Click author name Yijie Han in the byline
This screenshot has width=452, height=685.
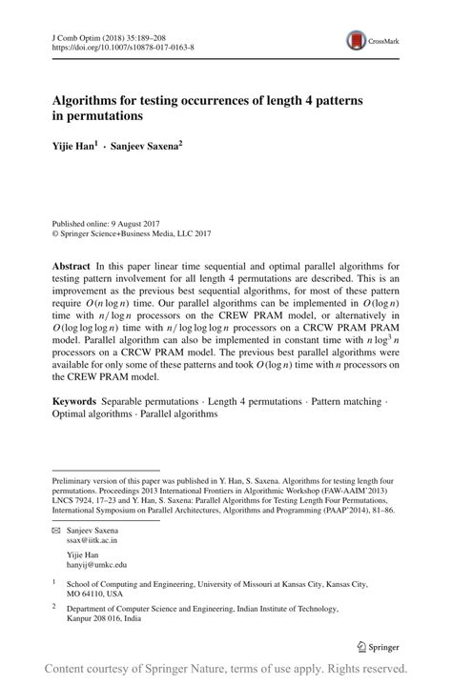tap(72, 150)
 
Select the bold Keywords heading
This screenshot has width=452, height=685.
tap(77, 404)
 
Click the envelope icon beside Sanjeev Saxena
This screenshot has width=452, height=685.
tap(56, 529)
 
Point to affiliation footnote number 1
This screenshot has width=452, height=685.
tap(54, 582)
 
